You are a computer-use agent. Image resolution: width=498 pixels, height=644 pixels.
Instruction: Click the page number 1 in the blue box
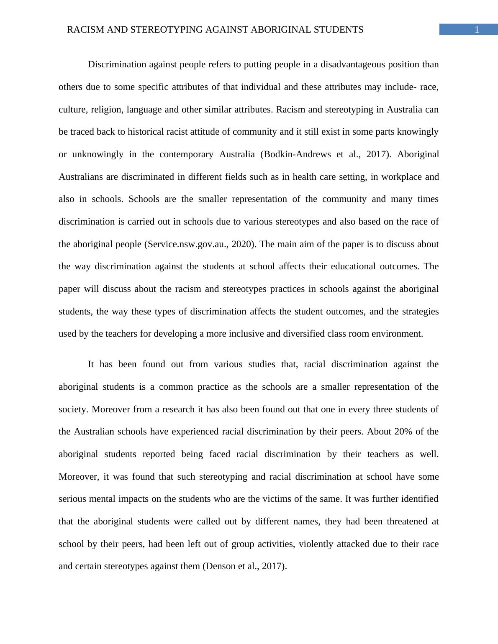[476, 30]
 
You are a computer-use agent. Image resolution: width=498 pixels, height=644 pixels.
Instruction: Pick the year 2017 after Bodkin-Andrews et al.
[376, 154]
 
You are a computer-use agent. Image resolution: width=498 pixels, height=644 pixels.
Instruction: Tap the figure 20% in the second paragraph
[403, 432]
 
